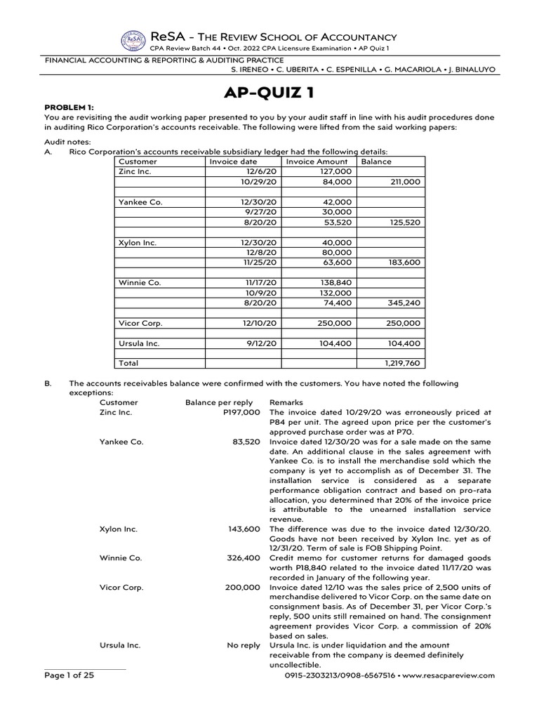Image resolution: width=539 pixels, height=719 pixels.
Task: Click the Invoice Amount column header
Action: pyautogui.click(x=317, y=161)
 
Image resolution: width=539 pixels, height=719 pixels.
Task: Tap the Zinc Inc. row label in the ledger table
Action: pyautogui.click(x=135, y=171)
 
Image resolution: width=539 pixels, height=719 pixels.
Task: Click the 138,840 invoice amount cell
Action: pyautogui.click(x=335, y=283)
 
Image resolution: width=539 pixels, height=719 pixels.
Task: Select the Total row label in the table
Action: pyautogui.click(x=128, y=364)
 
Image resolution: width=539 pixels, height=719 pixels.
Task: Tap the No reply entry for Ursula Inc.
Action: pyautogui.click(x=244, y=645)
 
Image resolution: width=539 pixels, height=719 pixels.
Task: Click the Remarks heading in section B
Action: pyautogui.click(x=285, y=403)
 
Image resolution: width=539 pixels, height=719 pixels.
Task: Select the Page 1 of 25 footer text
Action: pyautogui.click(x=69, y=675)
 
